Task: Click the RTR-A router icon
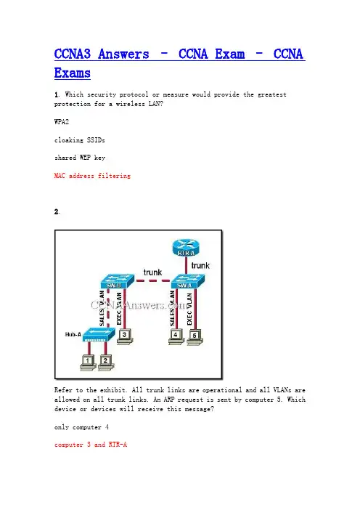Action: click(x=186, y=248)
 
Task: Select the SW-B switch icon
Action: click(x=117, y=281)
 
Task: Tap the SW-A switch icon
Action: click(x=188, y=281)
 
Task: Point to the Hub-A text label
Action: click(x=73, y=334)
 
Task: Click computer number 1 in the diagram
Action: click(x=87, y=363)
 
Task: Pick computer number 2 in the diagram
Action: click(x=105, y=363)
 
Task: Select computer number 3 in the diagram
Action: click(x=125, y=336)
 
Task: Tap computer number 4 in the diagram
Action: click(x=176, y=336)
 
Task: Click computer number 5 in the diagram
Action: click(x=195, y=337)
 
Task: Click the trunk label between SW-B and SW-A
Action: click(x=152, y=272)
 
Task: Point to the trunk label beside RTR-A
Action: click(x=200, y=265)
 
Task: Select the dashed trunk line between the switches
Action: click(x=152, y=280)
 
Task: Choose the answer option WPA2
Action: click(x=62, y=122)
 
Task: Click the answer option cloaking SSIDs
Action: click(x=80, y=140)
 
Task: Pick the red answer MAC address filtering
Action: click(x=92, y=176)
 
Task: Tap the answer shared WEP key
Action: click(x=80, y=158)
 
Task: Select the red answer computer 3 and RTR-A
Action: click(x=91, y=445)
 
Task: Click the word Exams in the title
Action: click(x=73, y=73)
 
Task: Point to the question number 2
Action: click(x=57, y=211)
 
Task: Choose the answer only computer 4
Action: click(x=81, y=427)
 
